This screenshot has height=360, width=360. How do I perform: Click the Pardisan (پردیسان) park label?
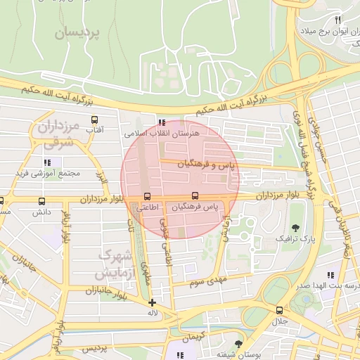(x=78, y=31)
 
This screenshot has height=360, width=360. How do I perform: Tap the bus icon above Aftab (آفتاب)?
(x=94, y=119)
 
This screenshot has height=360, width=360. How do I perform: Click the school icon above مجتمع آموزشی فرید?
(x=46, y=162)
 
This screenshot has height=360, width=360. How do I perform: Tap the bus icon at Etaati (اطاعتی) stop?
(x=147, y=196)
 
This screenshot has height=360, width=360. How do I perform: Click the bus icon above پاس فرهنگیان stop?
(x=195, y=196)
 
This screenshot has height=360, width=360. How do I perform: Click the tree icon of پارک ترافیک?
(x=295, y=228)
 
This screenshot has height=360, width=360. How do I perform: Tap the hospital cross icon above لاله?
(x=152, y=302)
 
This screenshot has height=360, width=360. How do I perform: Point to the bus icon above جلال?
(x=280, y=310)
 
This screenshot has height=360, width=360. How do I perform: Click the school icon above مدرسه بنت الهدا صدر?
(x=329, y=276)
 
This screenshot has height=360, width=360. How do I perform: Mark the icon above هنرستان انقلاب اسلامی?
(x=164, y=121)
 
